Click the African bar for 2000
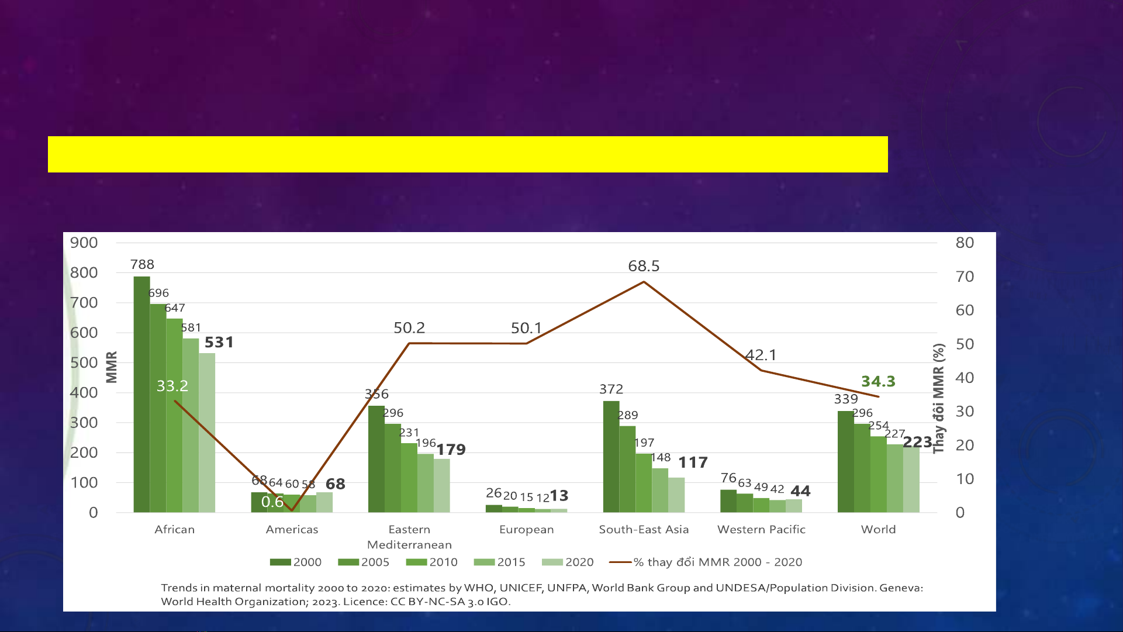click(x=141, y=394)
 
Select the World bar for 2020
click(x=911, y=479)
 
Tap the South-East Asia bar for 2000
click(x=611, y=457)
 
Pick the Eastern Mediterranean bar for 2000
click(x=376, y=459)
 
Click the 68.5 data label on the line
click(x=644, y=266)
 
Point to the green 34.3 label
click(x=878, y=381)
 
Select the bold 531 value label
click(x=219, y=342)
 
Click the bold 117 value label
click(x=693, y=462)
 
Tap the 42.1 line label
click(x=761, y=355)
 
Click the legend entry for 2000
click(x=296, y=562)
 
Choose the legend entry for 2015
click(x=500, y=562)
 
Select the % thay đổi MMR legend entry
click(x=706, y=562)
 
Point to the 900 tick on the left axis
click(x=84, y=243)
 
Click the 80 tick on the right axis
click(x=965, y=243)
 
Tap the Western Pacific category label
click(x=761, y=529)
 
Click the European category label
click(x=526, y=530)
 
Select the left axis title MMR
click(x=112, y=367)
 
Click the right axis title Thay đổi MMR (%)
click(x=938, y=398)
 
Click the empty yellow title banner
click(x=468, y=154)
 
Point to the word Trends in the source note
click(x=179, y=588)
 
